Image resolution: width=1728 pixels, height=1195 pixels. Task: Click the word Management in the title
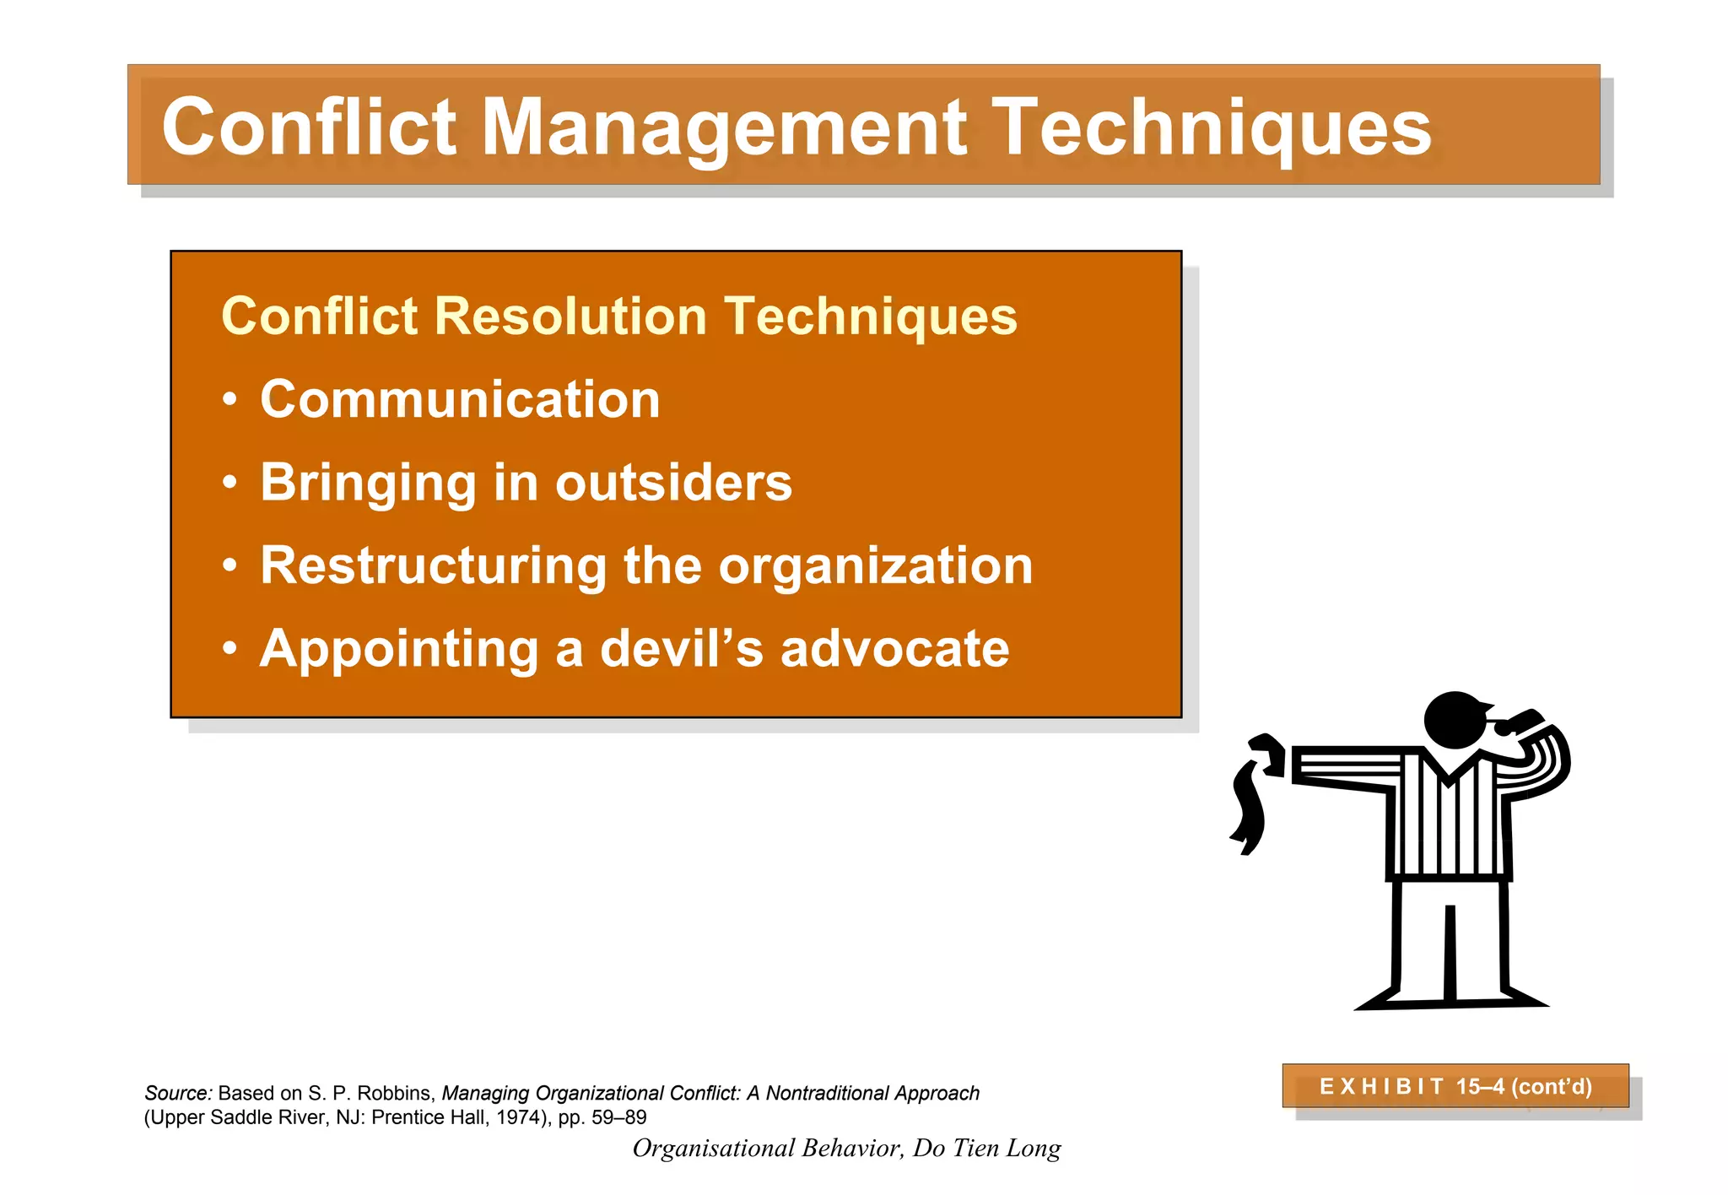tap(724, 128)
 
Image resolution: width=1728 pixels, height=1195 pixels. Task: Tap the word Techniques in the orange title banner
tap(1211, 128)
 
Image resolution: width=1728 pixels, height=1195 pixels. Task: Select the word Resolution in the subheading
tap(570, 316)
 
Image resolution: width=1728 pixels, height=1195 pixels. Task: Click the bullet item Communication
tap(460, 399)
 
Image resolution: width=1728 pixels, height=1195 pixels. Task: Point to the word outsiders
tap(673, 483)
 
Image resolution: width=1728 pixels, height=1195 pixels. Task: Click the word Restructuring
tap(433, 565)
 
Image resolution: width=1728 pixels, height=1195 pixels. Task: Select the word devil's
tap(682, 649)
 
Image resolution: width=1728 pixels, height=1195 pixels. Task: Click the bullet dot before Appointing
tap(230, 649)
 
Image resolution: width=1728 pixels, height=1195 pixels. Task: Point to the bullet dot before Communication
tap(230, 400)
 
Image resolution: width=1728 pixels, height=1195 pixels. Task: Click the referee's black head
tap(1453, 720)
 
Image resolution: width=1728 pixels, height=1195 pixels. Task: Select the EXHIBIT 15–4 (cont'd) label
tap(1455, 1086)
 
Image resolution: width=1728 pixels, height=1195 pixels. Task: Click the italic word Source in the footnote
tap(177, 1094)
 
